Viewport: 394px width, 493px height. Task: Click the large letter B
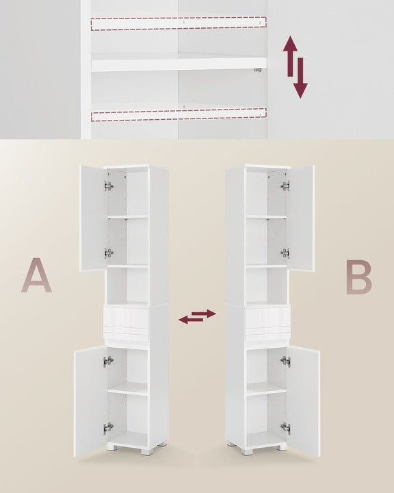358,277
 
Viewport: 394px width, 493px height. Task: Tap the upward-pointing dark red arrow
290,56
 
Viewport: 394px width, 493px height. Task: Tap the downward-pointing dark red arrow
300,77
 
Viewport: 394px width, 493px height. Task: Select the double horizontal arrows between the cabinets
197,317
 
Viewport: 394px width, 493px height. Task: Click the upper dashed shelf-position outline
179,23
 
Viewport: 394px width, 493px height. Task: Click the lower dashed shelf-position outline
179,115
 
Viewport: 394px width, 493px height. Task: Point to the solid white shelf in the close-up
179,64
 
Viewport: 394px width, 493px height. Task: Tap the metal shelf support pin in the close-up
258,71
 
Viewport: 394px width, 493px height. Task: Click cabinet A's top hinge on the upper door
109,186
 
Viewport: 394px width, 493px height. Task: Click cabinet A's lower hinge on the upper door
109,253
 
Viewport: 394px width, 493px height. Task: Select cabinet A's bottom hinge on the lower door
108,428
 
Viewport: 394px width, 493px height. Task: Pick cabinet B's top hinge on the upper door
285,186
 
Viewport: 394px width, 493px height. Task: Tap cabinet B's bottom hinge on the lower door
286,428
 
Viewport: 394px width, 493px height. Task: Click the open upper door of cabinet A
94,218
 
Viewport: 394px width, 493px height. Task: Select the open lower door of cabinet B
303,401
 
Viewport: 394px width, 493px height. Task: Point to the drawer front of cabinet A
126,318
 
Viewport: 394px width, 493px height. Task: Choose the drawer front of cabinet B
268,318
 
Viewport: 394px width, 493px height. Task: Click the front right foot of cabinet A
147,451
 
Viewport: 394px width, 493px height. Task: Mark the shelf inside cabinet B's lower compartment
266,389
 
